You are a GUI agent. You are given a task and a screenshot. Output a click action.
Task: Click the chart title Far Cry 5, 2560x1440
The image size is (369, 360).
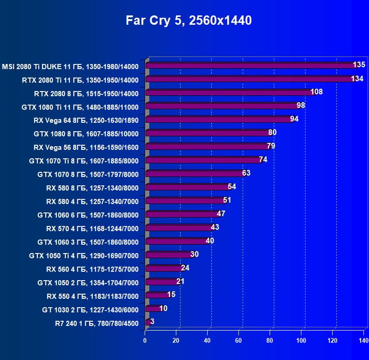(188, 21)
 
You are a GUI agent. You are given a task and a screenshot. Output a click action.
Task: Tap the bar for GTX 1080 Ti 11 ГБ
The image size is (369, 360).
(222, 106)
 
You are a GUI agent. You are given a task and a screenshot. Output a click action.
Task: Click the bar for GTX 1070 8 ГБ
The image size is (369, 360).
(194, 174)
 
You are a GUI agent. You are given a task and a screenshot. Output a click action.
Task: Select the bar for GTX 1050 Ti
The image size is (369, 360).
(168, 255)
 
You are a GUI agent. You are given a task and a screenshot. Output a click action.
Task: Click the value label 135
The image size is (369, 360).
(359, 65)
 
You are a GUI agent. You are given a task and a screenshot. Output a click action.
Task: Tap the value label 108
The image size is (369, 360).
(317, 92)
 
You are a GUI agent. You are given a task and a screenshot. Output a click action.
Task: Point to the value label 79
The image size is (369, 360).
(271, 146)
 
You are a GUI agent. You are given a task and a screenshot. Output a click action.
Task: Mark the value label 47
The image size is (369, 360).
(221, 214)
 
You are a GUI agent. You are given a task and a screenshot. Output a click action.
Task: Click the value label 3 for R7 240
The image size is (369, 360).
(152, 322)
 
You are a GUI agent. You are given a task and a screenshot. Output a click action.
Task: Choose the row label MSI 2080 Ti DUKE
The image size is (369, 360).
(70, 66)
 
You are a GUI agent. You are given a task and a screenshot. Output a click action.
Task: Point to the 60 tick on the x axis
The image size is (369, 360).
(239, 340)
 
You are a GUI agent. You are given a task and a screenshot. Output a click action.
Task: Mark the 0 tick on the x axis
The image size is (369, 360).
(145, 340)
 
